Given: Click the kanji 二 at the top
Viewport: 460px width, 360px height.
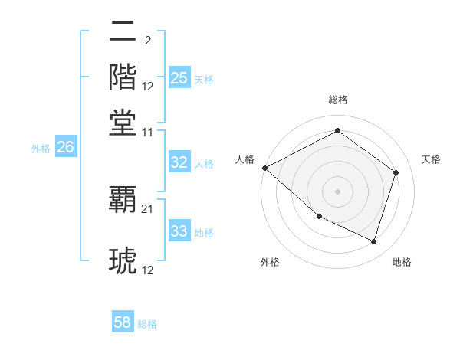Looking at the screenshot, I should click(x=123, y=32).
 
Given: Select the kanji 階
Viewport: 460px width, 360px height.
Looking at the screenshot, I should click(x=123, y=77).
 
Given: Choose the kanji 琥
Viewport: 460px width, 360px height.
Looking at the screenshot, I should click(x=123, y=260).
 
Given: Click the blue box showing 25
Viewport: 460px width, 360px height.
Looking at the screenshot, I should click(x=179, y=78).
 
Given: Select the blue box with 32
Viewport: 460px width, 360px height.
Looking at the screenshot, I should click(x=179, y=162).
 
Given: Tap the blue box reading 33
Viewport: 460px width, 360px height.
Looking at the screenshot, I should click(x=179, y=231).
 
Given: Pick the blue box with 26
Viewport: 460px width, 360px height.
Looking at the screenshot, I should click(x=65, y=148).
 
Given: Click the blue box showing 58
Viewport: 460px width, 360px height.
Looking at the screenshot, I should click(x=123, y=322).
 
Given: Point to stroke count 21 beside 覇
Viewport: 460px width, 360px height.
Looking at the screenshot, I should click(x=148, y=208).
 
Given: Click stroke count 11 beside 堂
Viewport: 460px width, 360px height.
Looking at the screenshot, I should click(x=148, y=132).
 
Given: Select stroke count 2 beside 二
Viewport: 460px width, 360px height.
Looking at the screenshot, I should click(x=147, y=40).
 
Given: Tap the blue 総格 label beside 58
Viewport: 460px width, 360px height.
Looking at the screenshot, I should click(x=147, y=324).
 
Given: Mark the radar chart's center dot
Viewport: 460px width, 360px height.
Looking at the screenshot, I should click(x=337, y=191).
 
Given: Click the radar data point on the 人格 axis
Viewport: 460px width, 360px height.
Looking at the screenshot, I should click(x=265, y=168).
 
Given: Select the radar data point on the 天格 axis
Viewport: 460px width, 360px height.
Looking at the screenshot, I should click(x=396, y=172).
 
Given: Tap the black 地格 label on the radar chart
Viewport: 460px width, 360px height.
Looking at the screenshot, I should click(x=402, y=262).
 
